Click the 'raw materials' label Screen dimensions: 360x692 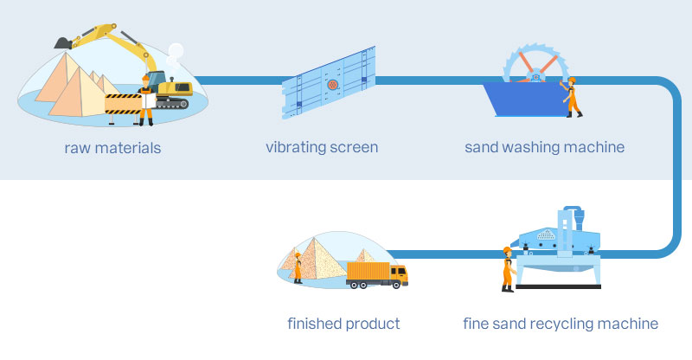coord(112,147)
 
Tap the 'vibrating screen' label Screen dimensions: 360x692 coord(322,147)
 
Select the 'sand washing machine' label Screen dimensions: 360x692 coord(544,147)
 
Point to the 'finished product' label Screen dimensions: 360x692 coord(343,325)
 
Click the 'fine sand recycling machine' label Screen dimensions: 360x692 coord(561,325)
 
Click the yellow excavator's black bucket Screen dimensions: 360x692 coord(62,41)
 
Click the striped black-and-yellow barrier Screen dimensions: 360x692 coord(121,103)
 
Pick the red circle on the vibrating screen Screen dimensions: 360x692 coord(331,85)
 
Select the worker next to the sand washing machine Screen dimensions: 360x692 coord(571,96)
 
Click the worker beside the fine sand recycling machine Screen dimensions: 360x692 coord(507,268)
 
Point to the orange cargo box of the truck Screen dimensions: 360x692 coord(368,273)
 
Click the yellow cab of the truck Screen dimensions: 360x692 coord(398,274)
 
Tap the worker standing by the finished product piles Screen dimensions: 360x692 coord(298,267)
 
